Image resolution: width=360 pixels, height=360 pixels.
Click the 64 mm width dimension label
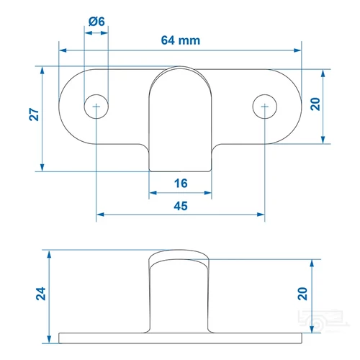click(180, 40)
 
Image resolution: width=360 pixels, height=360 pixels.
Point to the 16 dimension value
click(181, 184)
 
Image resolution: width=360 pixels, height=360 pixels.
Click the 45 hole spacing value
click(181, 206)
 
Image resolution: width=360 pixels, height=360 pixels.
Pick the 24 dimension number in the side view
click(42, 293)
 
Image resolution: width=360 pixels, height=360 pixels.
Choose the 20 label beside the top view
click(314, 105)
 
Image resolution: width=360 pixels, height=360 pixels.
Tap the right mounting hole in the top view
click(265, 107)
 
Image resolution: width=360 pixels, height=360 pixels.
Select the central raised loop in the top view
click(181, 115)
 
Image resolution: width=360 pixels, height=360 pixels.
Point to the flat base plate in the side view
click(180, 336)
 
